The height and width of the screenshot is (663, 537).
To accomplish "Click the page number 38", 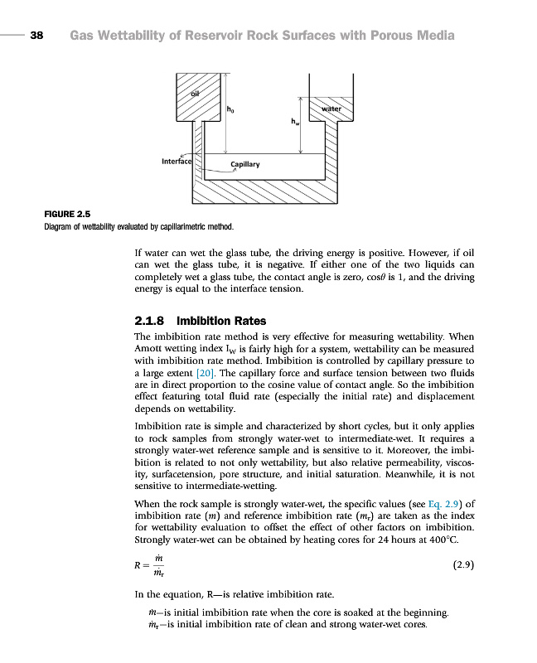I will point(36,36).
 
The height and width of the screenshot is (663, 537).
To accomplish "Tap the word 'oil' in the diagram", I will point(196,93).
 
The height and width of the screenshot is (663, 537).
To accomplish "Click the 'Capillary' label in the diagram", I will point(244,164).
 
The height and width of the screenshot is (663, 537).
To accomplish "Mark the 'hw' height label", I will point(294,122).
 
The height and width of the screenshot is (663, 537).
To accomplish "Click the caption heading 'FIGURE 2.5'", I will point(67,215).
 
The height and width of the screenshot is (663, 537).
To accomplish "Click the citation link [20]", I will point(202,374).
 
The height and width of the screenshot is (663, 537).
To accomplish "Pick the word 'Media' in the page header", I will point(433,36).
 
